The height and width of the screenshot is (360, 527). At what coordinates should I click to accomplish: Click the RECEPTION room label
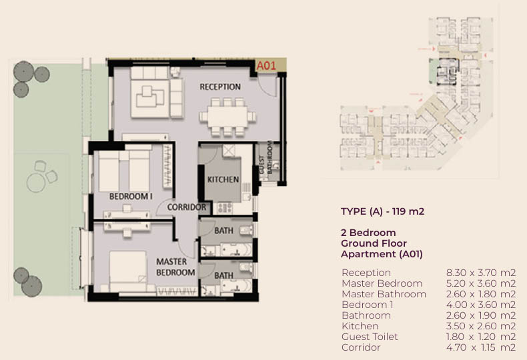pos(220,87)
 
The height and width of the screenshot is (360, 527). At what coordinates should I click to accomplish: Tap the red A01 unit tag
pos(266,66)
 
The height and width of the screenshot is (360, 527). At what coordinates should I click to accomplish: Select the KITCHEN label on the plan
pos(223,179)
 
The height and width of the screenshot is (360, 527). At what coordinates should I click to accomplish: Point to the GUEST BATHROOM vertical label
pos(266,157)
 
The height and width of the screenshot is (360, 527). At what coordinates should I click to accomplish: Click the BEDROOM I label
pos(131,197)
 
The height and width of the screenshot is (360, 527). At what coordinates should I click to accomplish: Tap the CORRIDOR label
pos(187,207)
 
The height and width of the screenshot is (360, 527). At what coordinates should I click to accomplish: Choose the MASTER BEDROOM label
pos(175,267)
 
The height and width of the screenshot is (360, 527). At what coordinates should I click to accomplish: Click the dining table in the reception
pos(227,117)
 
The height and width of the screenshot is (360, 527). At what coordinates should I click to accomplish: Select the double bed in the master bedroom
pos(128,271)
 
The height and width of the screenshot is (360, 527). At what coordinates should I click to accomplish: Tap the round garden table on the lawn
pos(36,183)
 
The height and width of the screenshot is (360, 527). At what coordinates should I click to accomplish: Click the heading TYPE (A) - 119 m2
pos(382,211)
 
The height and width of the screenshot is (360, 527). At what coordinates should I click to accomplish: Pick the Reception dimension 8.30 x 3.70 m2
pos(481,273)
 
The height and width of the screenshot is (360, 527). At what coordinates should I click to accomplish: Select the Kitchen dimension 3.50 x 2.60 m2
pos(481,326)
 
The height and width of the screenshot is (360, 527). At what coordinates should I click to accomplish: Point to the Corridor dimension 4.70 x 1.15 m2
pos(481,347)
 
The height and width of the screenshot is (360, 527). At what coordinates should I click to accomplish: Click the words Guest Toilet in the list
pos(370,337)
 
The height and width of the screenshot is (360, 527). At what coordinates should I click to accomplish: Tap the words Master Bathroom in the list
pos(384,294)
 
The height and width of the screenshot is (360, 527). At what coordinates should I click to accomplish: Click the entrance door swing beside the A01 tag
pos(268,85)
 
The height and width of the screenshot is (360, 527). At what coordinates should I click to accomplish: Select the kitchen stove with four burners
pos(225,208)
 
